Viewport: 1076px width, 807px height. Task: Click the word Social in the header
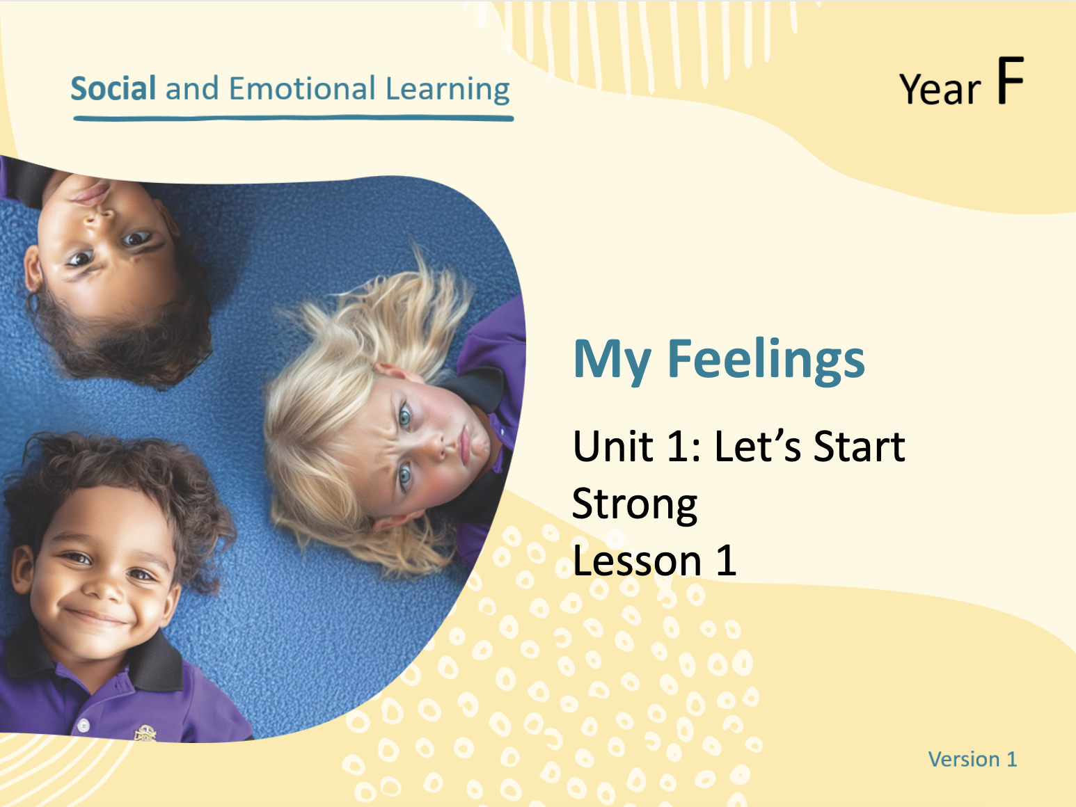pos(113,88)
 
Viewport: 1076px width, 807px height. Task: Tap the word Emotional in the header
pos(302,88)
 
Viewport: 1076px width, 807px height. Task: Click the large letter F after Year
pos(1011,81)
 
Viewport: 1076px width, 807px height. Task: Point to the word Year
pos(940,89)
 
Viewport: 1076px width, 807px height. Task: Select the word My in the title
pos(612,362)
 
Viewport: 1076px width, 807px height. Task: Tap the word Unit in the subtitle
pos(612,446)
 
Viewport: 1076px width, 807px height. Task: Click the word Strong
pos(635,504)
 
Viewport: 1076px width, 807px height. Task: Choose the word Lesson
pos(637,561)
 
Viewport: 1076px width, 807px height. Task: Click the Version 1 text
pos(972,759)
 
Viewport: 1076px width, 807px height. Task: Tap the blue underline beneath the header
pos(293,118)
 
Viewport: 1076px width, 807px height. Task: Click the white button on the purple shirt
pos(84,726)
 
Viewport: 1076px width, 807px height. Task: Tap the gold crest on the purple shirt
pos(145,733)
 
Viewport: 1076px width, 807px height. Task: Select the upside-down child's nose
pos(100,216)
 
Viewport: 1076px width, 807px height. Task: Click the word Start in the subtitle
pos(859,446)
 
